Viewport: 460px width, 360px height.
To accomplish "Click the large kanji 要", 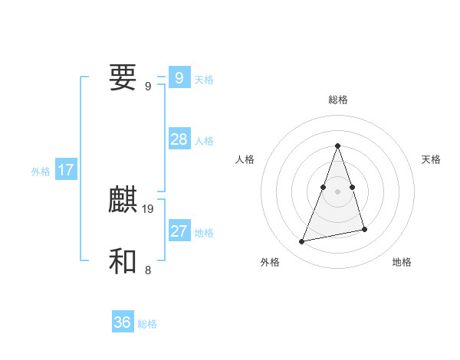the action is pos(123,77).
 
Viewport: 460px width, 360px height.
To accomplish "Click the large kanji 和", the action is pos(123,261).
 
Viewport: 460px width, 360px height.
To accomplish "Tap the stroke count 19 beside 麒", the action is pos(148,208).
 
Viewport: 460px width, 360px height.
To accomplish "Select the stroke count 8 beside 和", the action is pos(148,269).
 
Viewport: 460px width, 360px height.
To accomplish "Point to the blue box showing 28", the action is pos(179,139).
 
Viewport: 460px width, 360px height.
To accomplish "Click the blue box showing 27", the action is pos(179,231).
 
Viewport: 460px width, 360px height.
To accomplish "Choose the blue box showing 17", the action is pos(65,170).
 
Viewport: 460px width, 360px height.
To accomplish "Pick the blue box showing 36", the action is pos(122,322).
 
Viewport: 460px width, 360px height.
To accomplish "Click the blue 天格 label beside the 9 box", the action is pos(204,79).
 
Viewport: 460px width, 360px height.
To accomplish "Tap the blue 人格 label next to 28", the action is pos(204,141).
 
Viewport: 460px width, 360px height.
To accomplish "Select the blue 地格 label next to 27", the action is pos(204,233).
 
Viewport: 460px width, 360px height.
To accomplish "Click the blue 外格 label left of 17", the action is pos(41,172).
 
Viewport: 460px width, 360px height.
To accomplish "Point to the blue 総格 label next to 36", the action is pos(147,324).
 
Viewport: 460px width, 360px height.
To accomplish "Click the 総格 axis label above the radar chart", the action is pos(337,100).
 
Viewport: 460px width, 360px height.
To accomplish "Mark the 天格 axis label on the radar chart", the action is pos(431,159).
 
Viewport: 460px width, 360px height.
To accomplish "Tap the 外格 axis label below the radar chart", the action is pos(270,262).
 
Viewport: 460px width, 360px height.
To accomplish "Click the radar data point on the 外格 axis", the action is pos(302,242).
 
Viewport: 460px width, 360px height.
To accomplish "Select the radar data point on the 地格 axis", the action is pos(364,229).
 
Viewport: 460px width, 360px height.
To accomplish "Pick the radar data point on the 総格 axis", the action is pos(337,146).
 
